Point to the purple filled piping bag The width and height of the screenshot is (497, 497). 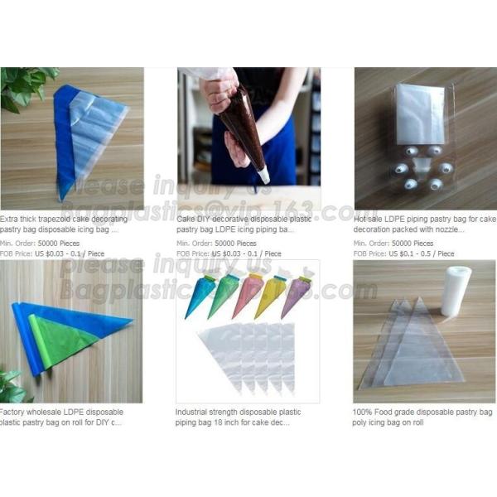[x=296, y=295]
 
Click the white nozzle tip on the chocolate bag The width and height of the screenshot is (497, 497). [x=263, y=175]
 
